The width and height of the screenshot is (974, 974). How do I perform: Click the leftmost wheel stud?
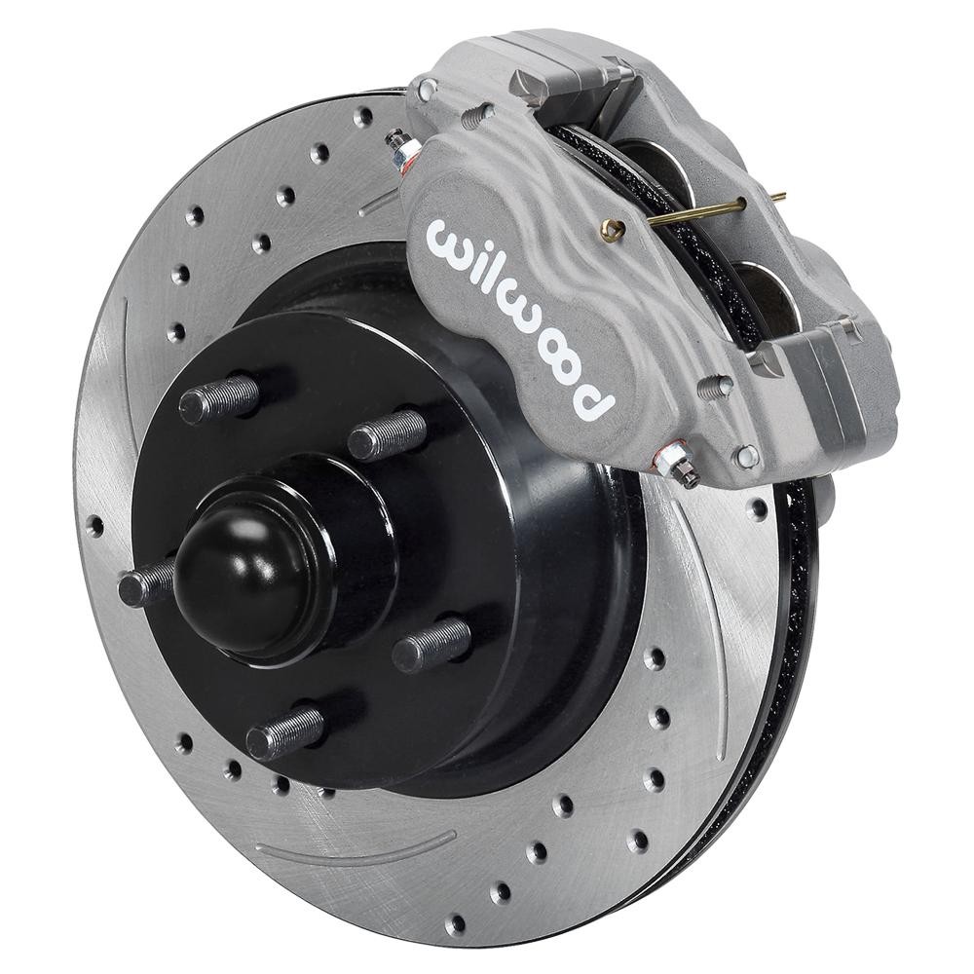[146, 584]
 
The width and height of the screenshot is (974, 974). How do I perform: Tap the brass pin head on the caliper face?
[613, 230]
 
